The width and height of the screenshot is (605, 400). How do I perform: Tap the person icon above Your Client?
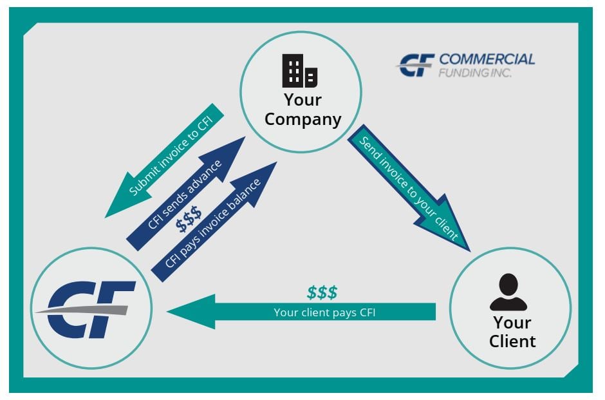[x=508, y=292]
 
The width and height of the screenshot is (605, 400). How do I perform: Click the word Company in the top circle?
[x=303, y=120]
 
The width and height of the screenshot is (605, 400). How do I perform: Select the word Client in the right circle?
[x=512, y=341]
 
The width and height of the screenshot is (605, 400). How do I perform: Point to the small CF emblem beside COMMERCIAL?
[x=416, y=66]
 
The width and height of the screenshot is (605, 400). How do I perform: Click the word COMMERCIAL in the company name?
[x=487, y=59]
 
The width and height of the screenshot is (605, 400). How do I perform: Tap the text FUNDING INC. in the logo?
[x=475, y=73]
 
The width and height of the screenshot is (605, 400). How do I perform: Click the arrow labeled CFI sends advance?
[x=187, y=193]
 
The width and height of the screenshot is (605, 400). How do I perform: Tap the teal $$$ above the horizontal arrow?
[x=322, y=292]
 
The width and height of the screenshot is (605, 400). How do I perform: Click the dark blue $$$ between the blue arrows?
[x=189, y=222]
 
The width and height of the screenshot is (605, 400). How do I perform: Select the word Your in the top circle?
[x=302, y=100]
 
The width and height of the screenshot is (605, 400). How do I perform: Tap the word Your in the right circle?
[x=512, y=322]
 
